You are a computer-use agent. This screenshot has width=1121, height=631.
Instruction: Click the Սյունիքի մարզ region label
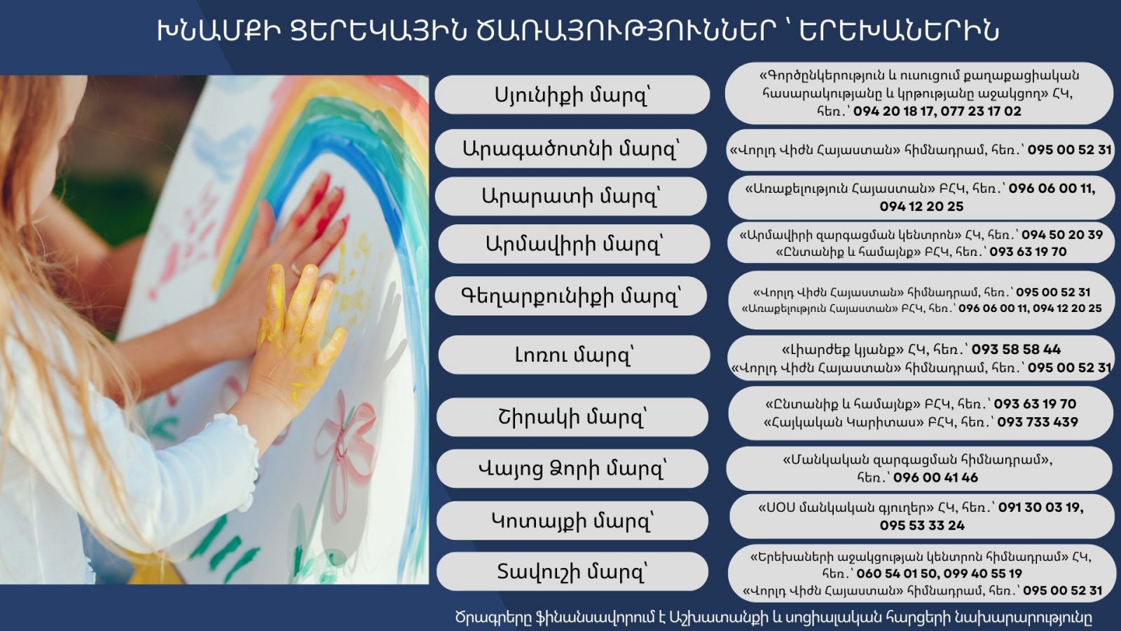tap(572, 95)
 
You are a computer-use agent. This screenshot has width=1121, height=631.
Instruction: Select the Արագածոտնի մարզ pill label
tap(571, 148)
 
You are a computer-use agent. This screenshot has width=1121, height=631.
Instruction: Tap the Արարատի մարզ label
tap(571, 196)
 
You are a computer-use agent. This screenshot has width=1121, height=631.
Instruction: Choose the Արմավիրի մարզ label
tap(574, 244)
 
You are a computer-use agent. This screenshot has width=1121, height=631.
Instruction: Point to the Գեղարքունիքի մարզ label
tap(571, 296)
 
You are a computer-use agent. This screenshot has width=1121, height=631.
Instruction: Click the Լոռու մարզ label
tap(574, 355)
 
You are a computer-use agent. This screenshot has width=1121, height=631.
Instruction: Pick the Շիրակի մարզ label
tap(572, 417)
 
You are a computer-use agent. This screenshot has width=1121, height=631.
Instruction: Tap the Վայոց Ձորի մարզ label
tap(572, 469)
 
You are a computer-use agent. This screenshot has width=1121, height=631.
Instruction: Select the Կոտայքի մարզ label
tap(572, 521)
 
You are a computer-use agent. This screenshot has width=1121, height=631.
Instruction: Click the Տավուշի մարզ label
tap(572, 571)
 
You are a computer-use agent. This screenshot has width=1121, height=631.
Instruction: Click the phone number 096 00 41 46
tap(935, 477)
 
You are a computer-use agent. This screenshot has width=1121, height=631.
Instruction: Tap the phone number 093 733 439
tap(1038, 421)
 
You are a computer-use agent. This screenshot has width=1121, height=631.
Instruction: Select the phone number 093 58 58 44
tap(1016, 349)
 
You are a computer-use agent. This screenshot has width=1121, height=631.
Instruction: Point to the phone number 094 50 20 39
tap(1062, 234)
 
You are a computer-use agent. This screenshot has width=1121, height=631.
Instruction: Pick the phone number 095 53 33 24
tap(922, 525)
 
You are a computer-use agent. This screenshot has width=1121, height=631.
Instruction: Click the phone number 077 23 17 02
tap(981, 111)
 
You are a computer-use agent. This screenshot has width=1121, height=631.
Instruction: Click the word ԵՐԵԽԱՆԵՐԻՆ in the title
tap(898, 31)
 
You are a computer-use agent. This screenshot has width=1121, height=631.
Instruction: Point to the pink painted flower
tap(345, 441)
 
